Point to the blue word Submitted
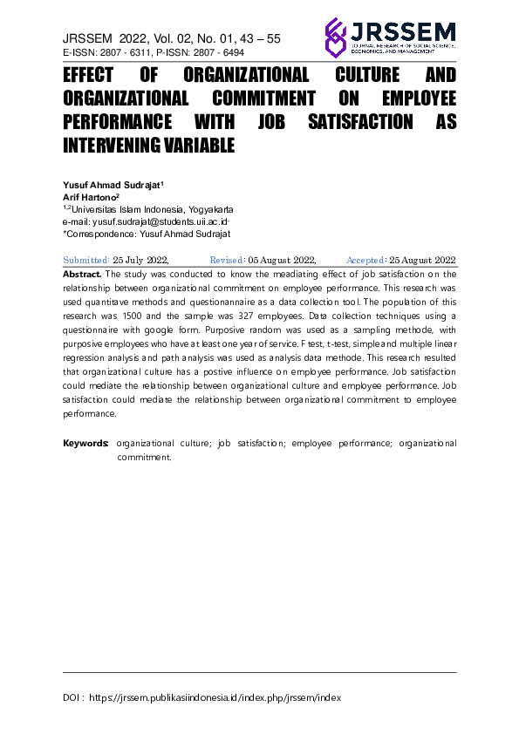click(86, 260)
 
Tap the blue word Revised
click(228, 260)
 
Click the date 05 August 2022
click(282, 260)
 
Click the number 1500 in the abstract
click(161, 315)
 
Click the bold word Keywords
click(85, 444)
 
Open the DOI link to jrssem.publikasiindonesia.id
click(215, 698)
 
